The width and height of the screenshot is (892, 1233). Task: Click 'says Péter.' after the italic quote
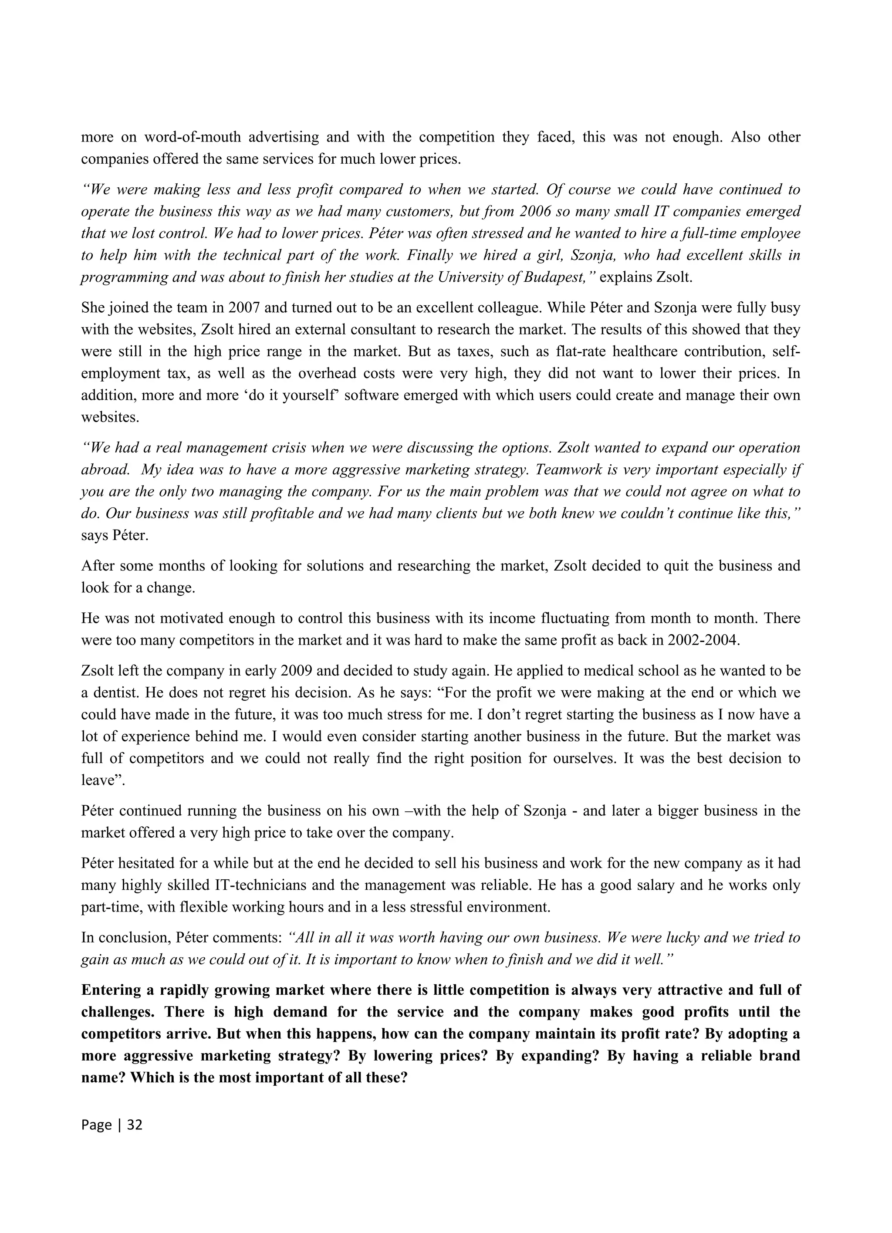[114, 536]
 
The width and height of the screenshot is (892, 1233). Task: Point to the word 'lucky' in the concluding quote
[683, 938]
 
